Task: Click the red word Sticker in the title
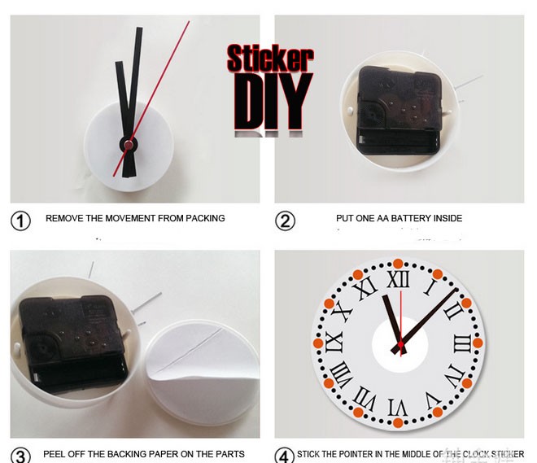point(269,58)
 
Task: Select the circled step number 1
point(20,220)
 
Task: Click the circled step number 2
point(285,220)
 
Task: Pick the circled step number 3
point(20,455)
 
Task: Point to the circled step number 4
point(284,455)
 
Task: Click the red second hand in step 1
point(163,81)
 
